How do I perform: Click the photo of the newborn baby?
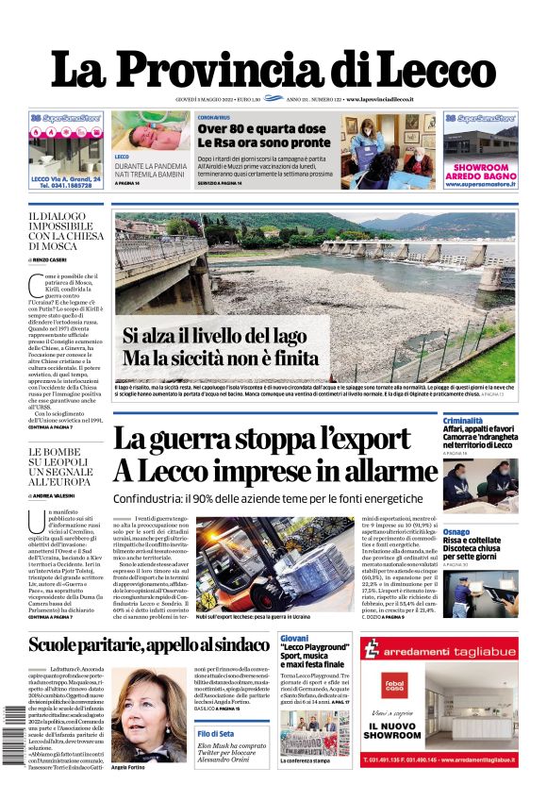pos(150,131)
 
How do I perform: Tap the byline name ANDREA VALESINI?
pos(59,494)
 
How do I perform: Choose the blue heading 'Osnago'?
pos(456,532)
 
